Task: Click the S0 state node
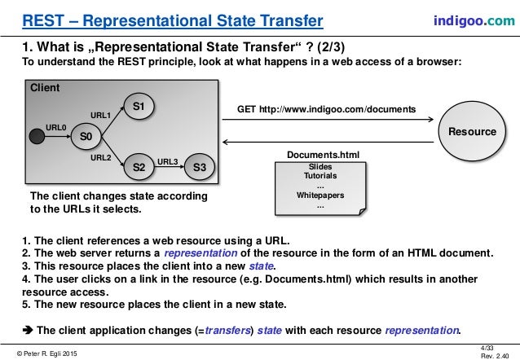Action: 84,136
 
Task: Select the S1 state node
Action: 138,107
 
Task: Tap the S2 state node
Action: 139,167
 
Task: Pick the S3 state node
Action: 199,167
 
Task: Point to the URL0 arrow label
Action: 56,127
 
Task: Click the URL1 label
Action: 99,115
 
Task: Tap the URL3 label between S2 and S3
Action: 168,161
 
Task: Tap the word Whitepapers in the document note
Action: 319,195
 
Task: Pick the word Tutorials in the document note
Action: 319,176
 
